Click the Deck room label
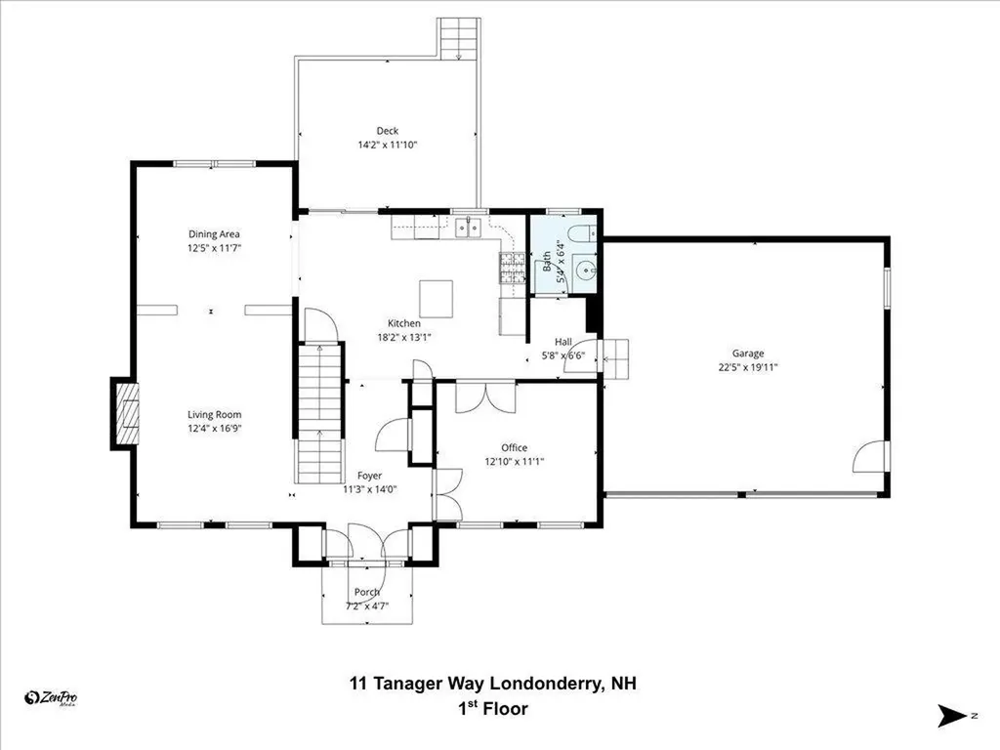[x=387, y=131]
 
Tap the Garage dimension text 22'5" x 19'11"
[x=747, y=367]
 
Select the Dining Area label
[x=214, y=234]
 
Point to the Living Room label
[x=214, y=414]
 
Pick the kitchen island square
[x=437, y=299]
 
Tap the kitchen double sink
[x=469, y=228]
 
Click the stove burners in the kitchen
[x=512, y=268]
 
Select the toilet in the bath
[x=580, y=233]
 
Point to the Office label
[x=514, y=447]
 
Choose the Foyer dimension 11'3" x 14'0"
[x=370, y=489]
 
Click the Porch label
[x=367, y=592]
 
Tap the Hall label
[x=563, y=342]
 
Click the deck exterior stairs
[x=459, y=38]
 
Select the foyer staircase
[x=320, y=413]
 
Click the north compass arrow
[x=953, y=716]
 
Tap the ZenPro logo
[x=51, y=698]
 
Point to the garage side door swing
[x=869, y=457]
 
